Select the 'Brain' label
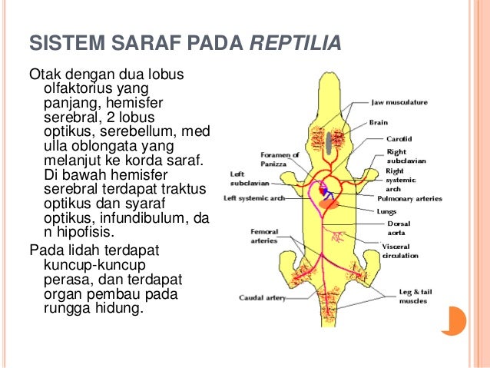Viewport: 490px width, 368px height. [378, 121]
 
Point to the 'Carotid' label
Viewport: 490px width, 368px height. [398, 138]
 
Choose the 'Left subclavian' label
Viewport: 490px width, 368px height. [240, 179]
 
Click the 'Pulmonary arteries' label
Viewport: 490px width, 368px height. [409, 198]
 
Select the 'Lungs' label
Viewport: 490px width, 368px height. [386, 211]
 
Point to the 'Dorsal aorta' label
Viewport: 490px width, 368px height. [397, 227]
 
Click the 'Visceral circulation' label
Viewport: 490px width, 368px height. [400, 250]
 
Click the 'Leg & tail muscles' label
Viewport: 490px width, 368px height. [414, 297]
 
